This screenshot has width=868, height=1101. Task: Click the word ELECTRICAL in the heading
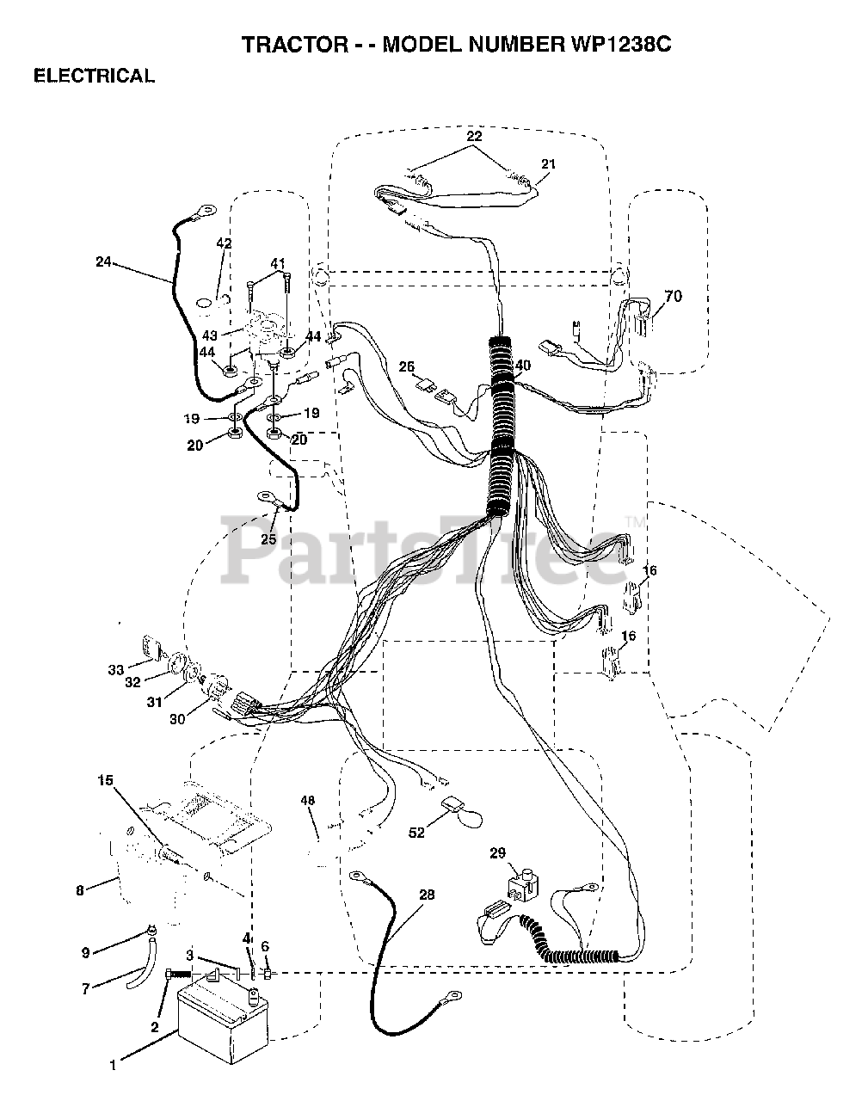coord(94,76)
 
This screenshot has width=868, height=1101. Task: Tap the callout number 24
coord(103,262)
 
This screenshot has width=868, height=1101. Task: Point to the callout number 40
coord(522,366)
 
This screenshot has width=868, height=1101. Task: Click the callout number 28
coord(426,895)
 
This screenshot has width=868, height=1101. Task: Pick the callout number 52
coord(416,833)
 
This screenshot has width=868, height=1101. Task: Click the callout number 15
coord(105,781)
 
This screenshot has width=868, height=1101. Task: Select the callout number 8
coord(80,891)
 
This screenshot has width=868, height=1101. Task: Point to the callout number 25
coord(269,539)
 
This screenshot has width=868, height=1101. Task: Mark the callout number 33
coord(115,669)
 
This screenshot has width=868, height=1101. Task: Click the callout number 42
coord(224,244)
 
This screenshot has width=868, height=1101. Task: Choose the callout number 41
coord(277,262)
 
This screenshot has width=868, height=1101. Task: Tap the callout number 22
coord(474,136)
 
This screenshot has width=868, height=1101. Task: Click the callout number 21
coord(549,163)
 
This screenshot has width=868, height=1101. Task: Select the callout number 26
coord(406,367)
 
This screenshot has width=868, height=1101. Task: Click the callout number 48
coord(307,801)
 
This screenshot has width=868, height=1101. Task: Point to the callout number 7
coord(85,989)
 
